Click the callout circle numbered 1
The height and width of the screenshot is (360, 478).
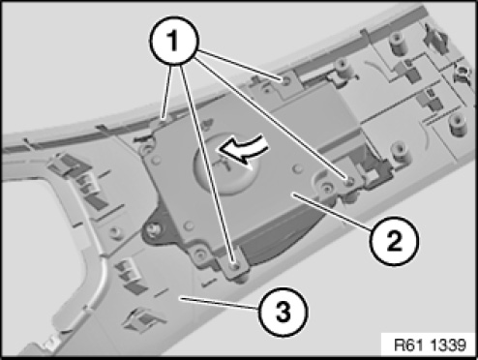coord(174,40)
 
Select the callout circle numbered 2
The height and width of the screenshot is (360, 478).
coord(394,240)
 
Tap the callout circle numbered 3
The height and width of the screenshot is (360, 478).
coord(284,312)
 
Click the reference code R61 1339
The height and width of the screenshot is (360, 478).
coord(431,345)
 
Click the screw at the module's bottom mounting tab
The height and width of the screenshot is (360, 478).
coord(235,266)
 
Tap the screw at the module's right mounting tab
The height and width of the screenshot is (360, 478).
coord(349,181)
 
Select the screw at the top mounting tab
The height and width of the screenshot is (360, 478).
coord(285,80)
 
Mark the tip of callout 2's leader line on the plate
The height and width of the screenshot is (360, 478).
coord(292,194)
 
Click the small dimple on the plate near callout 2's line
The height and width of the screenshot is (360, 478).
coord(299,168)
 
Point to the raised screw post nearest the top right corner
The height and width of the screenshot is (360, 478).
coord(397,43)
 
